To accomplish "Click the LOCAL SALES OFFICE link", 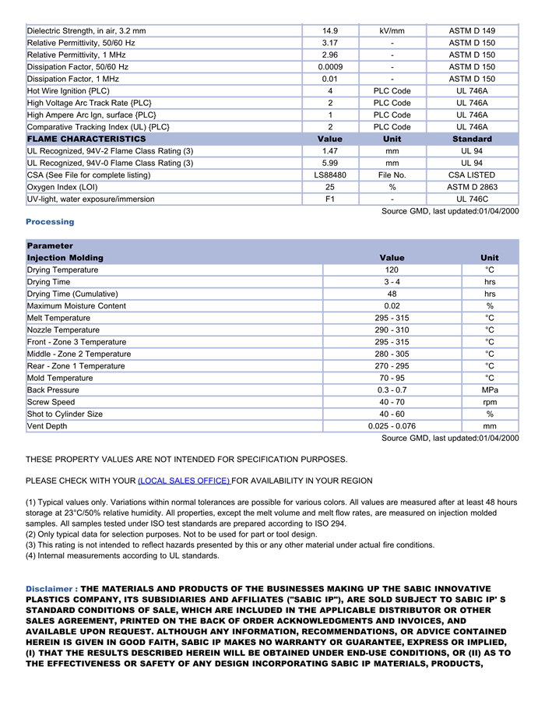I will pyautogui.click(x=184, y=481).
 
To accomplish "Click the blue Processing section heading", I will pyautogui.click(x=50, y=222).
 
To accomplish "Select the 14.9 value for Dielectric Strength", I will pyautogui.click(x=330, y=31).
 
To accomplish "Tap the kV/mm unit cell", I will pyautogui.click(x=392, y=31).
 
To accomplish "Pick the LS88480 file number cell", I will pyautogui.click(x=330, y=175).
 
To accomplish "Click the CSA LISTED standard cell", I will pyautogui.click(x=472, y=175).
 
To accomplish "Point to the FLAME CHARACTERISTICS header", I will pyautogui.click(x=86, y=139).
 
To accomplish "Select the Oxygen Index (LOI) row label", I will pyautogui.click(x=62, y=187).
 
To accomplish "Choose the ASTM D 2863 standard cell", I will pyautogui.click(x=472, y=187).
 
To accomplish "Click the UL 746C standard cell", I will pyautogui.click(x=472, y=199).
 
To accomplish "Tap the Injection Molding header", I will pyautogui.click(x=65, y=258).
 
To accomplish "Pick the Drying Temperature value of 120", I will pyautogui.click(x=392, y=270).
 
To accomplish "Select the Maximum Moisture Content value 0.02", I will pyautogui.click(x=392, y=306).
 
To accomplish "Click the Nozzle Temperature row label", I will pyautogui.click(x=63, y=330).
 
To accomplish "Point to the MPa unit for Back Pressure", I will pyautogui.click(x=490, y=390).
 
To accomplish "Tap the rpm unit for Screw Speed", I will pyautogui.click(x=490, y=402).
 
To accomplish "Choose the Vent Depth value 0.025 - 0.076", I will pyautogui.click(x=392, y=426).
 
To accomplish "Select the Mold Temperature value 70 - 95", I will pyautogui.click(x=392, y=378).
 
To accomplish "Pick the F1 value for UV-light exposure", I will pyautogui.click(x=330, y=199).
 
